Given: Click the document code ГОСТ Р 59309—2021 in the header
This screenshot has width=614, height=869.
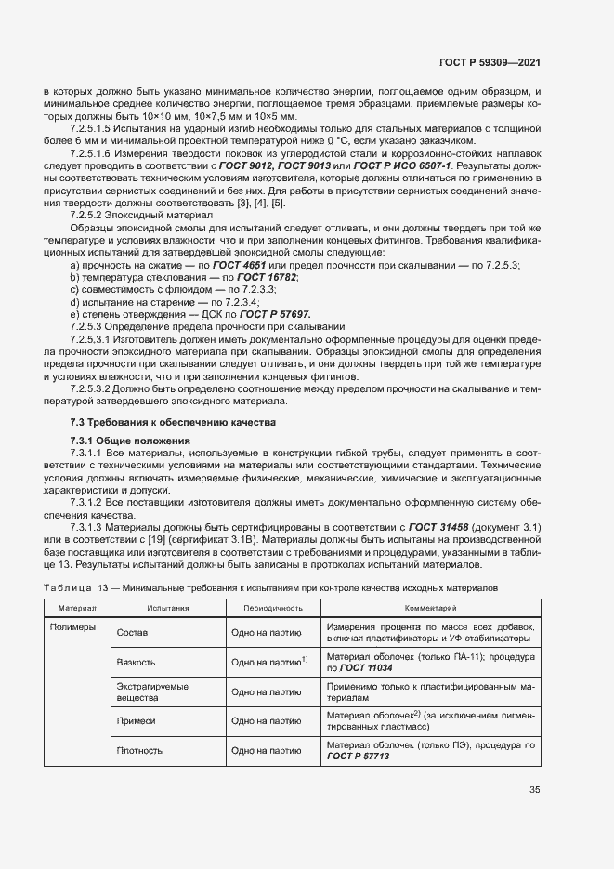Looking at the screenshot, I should click(490, 62).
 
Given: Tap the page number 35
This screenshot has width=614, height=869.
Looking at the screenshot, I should click(534, 790).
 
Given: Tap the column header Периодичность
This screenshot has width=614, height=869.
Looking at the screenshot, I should click(273, 607).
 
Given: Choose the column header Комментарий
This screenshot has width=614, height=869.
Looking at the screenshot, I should click(430, 607).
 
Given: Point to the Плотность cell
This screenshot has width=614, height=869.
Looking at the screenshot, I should click(139, 750).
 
